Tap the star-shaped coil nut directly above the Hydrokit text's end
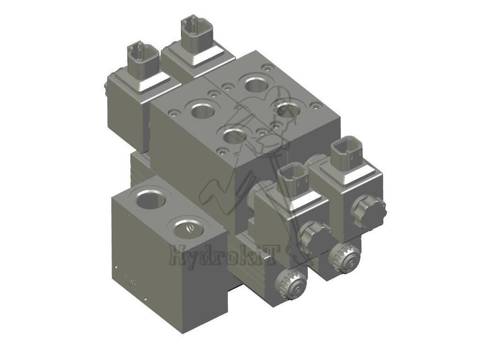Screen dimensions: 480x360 (x=314, y=236)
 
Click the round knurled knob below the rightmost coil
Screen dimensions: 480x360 (x=345, y=258)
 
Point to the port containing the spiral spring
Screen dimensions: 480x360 (x=187, y=228)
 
